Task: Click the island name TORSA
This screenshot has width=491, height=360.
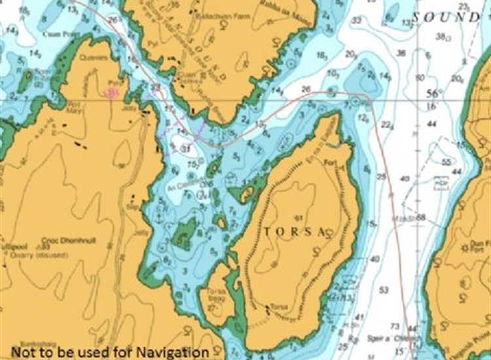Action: [x=294, y=232]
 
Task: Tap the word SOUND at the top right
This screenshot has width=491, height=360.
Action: [x=446, y=17]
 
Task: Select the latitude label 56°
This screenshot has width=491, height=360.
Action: [x=431, y=93]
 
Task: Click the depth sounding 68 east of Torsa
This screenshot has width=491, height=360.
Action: [x=421, y=217]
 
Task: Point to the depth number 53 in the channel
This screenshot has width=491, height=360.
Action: [x=384, y=289]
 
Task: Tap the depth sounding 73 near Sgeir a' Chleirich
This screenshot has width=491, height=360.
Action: [x=393, y=326]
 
